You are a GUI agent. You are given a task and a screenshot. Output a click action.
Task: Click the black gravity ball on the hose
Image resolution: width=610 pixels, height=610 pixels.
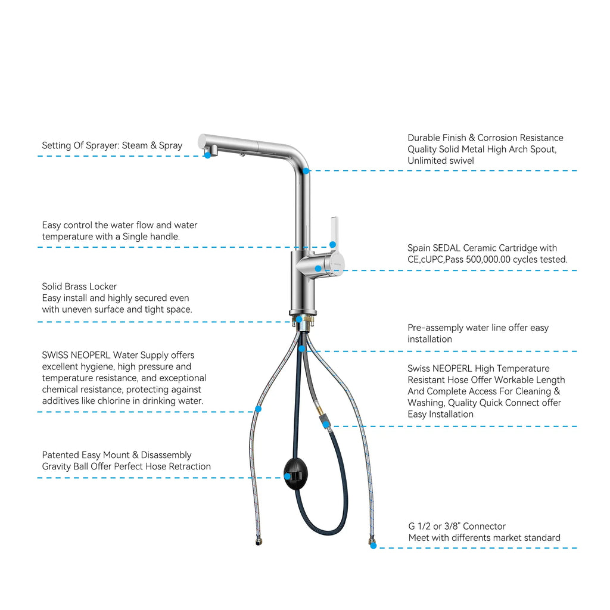tap(295, 474)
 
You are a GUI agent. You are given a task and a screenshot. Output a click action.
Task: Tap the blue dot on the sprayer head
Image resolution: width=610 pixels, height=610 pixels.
tap(208, 155)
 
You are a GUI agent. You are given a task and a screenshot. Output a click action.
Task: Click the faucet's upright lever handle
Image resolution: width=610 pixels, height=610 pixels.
tap(334, 233)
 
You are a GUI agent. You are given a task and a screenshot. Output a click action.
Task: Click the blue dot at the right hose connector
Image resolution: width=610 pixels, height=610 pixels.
tap(373, 546)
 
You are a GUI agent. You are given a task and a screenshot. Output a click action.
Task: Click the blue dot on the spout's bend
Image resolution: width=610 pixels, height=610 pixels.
tap(306, 171)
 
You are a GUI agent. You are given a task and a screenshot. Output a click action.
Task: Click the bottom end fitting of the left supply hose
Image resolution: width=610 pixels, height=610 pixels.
tap(259, 541)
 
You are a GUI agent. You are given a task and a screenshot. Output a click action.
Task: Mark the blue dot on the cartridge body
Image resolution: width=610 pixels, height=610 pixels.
tap(318, 269)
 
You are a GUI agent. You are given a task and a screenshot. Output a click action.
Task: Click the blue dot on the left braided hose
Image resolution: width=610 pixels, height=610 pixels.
tap(259, 409)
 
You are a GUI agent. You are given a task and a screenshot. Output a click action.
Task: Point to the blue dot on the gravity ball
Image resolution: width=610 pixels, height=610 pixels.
tap(287, 477)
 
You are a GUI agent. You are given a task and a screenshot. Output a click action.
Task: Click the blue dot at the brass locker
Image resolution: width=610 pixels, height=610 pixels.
tap(299, 319)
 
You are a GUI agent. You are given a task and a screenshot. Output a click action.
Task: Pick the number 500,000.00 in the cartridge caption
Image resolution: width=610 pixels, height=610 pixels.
tap(488, 260)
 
